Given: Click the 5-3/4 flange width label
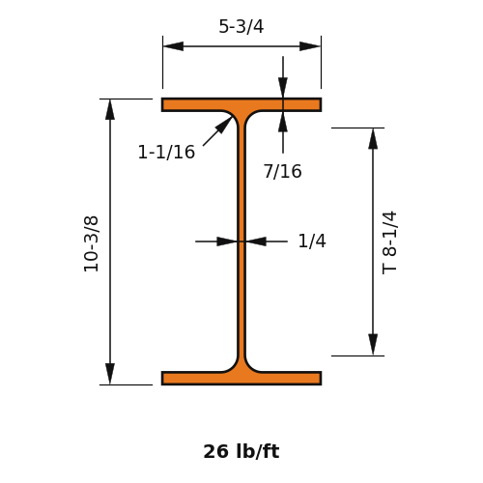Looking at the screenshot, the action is [x=241, y=26].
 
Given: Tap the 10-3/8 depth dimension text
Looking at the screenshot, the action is [x=91, y=243].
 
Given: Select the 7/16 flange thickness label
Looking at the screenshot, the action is [x=283, y=171].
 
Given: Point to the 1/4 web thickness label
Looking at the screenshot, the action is [x=312, y=241].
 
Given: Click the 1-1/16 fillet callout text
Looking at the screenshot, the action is [x=166, y=152].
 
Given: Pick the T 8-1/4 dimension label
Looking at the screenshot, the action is [x=389, y=242].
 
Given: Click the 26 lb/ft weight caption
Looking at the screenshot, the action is [x=241, y=451].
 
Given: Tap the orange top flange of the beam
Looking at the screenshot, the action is [x=241, y=104].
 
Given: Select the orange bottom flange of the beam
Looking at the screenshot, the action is [x=241, y=378].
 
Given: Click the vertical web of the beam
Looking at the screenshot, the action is [x=241, y=241].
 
